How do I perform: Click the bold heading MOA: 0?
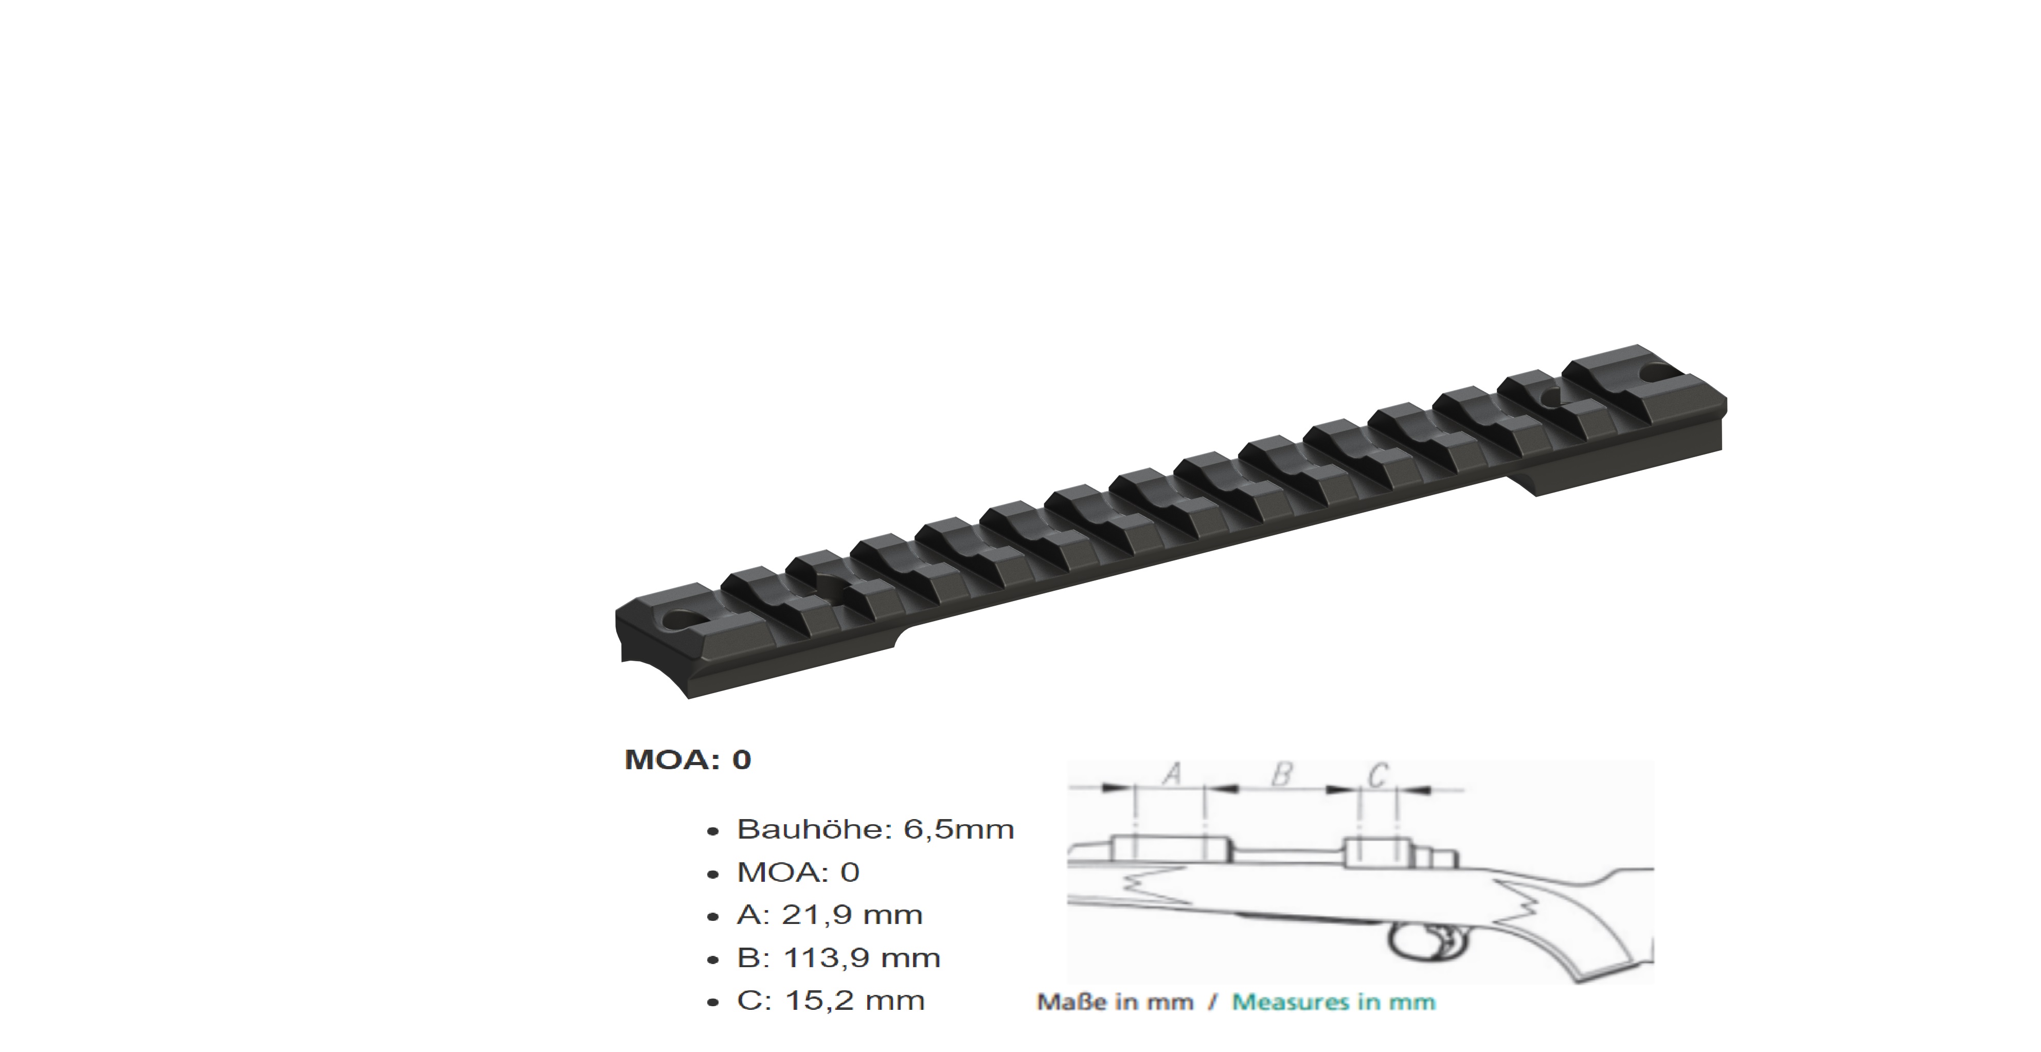687,759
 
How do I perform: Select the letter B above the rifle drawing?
1281,774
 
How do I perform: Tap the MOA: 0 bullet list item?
797,872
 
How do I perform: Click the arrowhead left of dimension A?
1117,788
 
